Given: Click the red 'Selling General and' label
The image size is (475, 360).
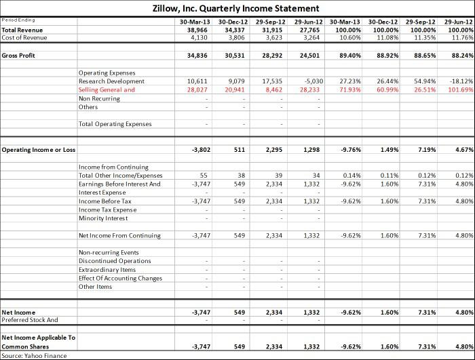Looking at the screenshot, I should (107, 90).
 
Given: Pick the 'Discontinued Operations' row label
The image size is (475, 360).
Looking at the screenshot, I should (115, 261).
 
